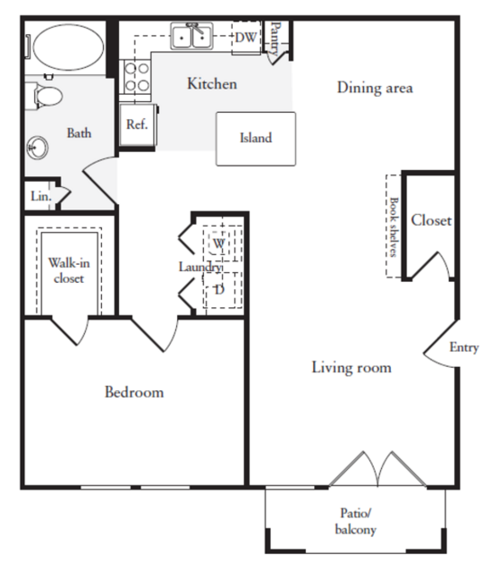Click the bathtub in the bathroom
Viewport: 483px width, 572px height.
pyautogui.click(x=68, y=47)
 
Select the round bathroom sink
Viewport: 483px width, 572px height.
pyautogui.click(x=38, y=148)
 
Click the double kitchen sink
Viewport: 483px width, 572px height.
pyautogui.click(x=191, y=37)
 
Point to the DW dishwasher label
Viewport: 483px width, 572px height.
pyautogui.click(x=246, y=38)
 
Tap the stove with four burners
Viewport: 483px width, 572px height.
pyautogui.click(x=136, y=77)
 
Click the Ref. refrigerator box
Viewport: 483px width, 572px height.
pyautogui.click(x=138, y=124)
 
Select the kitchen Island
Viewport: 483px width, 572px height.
pyautogui.click(x=256, y=139)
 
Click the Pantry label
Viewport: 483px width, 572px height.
pyautogui.click(x=276, y=38)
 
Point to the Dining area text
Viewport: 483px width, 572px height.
pyautogui.click(x=375, y=88)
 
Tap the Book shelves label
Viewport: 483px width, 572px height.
pyautogui.click(x=394, y=226)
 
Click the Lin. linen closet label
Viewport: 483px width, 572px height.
pyautogui.click(x=41, y=196)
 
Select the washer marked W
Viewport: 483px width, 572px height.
pyautogui.click(x=219, y=243)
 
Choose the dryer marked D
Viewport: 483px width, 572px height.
pyautogui.click(x=219, y=290)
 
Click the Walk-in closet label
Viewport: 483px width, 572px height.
pyautogui.click(x=69, y=270)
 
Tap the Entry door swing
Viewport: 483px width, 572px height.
pyautogui.click(x=440, y=343)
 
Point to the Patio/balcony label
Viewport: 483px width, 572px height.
pyautogui.click(x=355, y=521)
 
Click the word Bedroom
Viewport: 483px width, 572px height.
pyautogui.click(x=134, y=392)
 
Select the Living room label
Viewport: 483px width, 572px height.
pyautogui.click(x=352, y=367)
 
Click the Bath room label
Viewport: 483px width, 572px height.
pyautogui.click(x=79, y=133)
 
